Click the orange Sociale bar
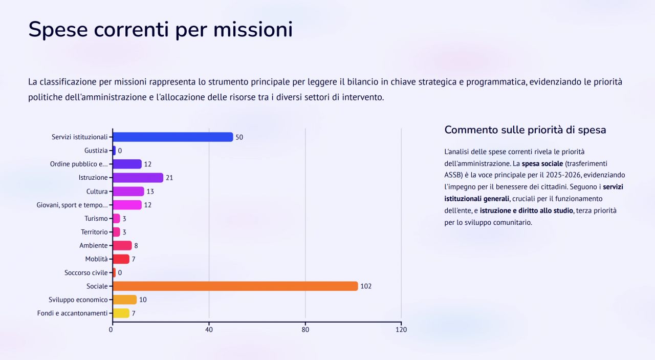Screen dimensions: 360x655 point(235,286)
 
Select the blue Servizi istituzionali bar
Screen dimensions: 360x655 point(172,137)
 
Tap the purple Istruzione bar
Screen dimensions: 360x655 point(138,178)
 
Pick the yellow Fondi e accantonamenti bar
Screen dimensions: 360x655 point(121,313)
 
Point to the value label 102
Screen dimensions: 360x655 point(366,286)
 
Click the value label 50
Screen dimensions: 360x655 point(239,137)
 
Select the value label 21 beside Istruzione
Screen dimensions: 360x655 point(169,178)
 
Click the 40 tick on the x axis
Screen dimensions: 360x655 point(209,330)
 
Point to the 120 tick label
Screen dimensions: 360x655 point(401,330)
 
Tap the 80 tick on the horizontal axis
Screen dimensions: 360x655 point(305,330)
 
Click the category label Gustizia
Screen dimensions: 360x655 point(96,151)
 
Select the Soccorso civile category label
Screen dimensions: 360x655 point(86,272)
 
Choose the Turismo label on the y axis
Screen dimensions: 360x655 point(96,219)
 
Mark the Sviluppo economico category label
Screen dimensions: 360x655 point(78,300)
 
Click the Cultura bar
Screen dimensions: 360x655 point(128,192)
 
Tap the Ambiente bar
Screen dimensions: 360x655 point(122,245)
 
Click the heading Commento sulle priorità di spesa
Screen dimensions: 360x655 point(525,130)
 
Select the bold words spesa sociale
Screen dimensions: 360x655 point(541,163)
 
